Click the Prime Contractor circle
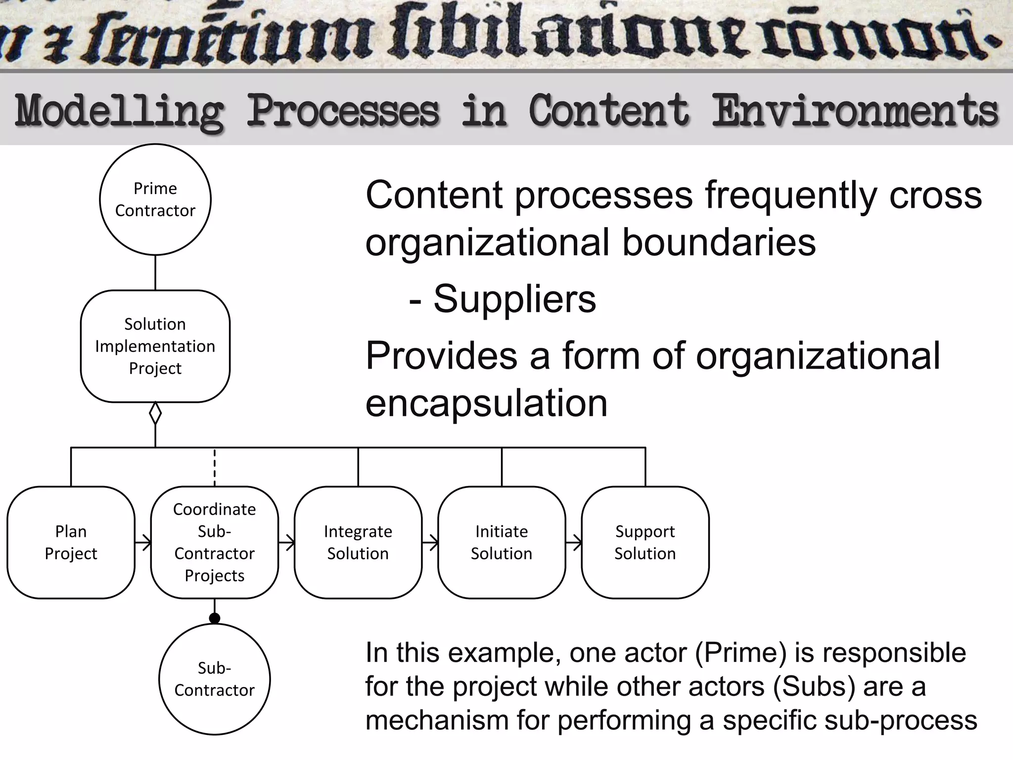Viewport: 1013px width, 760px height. coord(155,199)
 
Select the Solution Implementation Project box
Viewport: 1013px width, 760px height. coord(155,346)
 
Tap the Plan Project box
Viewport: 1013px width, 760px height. coord(71,542)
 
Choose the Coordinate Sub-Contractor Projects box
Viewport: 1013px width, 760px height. coord(214,542)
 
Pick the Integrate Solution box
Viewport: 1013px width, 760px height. coord(358,542)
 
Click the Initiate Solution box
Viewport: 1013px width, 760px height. coord(502,542)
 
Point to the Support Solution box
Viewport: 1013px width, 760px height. coord(645,542)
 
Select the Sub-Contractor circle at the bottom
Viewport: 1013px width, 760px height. coord(214,679)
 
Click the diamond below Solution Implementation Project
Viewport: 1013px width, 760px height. coord(155,413)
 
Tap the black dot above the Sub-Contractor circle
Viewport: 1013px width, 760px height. coord(214,618)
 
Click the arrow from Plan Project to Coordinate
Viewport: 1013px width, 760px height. coord(143,543)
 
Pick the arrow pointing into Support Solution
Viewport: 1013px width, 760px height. coord(574,543)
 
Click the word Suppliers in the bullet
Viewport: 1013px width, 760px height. coord(514,299)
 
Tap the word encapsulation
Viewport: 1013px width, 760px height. coord(486,403)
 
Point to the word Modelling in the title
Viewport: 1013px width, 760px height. coord(119,111)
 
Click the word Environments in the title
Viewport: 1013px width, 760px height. coord(855,111)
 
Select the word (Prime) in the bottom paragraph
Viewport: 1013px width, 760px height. coord(740,652)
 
